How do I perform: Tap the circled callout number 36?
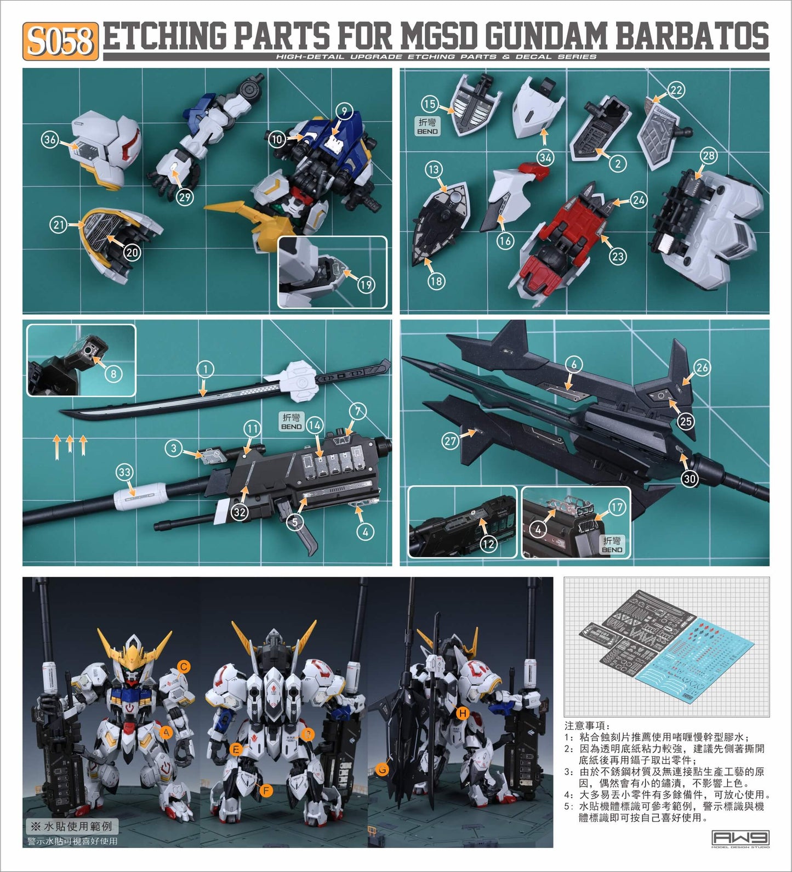[x=50, y=139]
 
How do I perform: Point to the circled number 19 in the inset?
[x=366, y=285]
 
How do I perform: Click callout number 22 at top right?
[x=676, y=90]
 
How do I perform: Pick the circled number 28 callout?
[x=709, y=156]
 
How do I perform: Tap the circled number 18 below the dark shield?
[x=436, y=281]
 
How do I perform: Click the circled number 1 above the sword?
[x=205, y=369]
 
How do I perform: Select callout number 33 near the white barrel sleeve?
[x=124, y=472]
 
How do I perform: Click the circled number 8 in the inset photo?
[x=113, y=374]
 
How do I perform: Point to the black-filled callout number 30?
[x=690, y=479]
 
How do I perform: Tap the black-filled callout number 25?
[x=686, y=421]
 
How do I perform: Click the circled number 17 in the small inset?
[x=617, y=507]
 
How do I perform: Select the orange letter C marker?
[x=184, y=666]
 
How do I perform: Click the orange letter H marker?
[x=463, y=713]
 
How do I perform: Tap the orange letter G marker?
[x=383, y=769]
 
